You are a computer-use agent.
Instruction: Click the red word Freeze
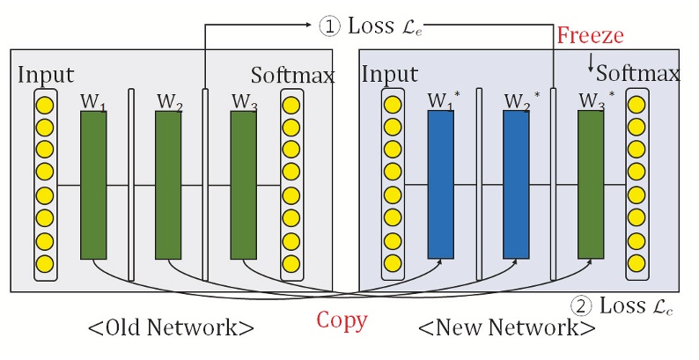point(590,37)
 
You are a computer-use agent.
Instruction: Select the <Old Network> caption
point(171,328)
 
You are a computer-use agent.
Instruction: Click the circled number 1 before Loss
point(328,26)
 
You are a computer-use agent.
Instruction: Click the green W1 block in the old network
point(93,185)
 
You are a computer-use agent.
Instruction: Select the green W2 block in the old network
point(168,185)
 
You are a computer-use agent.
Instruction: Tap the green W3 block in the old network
point(243,185)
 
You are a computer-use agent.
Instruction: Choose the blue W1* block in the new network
point(440,185)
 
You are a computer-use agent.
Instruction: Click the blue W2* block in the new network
point(515,185)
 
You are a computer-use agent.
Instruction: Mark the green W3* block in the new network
point(591,185)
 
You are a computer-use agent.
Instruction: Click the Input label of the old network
point(46,75)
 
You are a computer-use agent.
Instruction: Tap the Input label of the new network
point(389,75)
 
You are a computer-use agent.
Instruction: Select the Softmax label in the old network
point(293,76)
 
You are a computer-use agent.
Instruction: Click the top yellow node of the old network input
point(45,105)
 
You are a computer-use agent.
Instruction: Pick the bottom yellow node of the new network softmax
point(637,263)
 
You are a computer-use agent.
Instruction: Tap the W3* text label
point(594,99)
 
